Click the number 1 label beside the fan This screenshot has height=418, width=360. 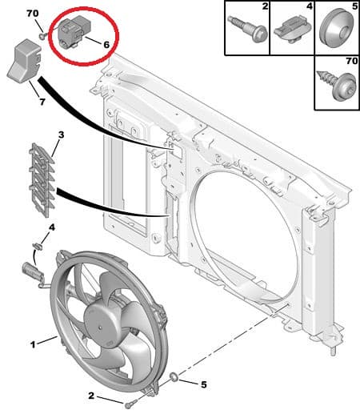click(33, 344)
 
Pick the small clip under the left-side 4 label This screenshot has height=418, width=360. click(37, 246)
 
